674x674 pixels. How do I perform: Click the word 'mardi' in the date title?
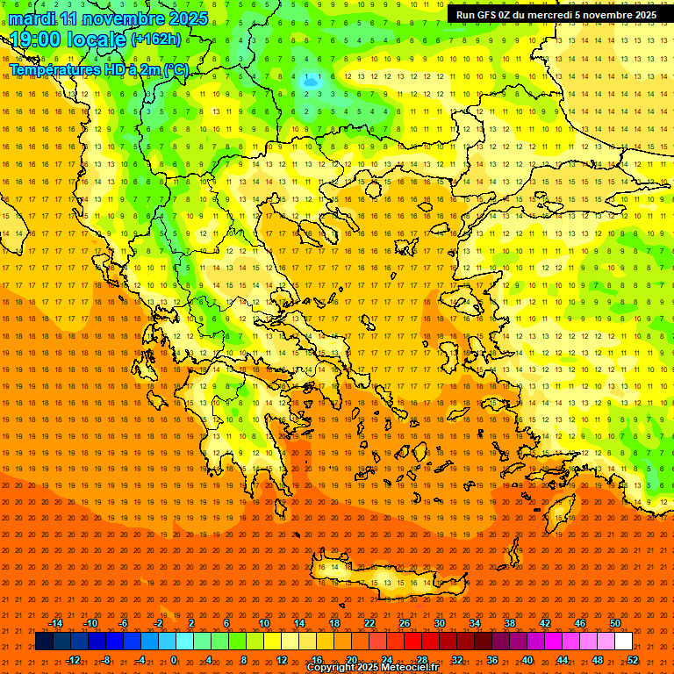(32, 18)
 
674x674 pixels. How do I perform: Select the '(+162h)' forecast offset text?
(156, 39)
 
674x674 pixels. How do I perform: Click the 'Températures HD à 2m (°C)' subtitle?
(98, 69)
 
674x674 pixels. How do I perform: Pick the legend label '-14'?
(55, 623)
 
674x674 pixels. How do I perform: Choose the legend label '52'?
(632, 660)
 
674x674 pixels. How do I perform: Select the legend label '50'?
(615, 623)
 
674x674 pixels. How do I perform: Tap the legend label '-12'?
(73, 660)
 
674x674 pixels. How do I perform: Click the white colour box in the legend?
(624, 642)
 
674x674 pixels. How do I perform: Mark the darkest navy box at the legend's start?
(44, 642)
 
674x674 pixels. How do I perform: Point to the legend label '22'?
(369, 623)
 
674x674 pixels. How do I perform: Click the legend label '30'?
(440, 623)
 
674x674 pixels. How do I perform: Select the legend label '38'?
(510, 623)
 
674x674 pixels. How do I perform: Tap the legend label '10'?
(264, 623)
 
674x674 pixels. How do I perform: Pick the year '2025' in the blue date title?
(185, 18)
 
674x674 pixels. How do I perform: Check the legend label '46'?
(580, 623)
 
